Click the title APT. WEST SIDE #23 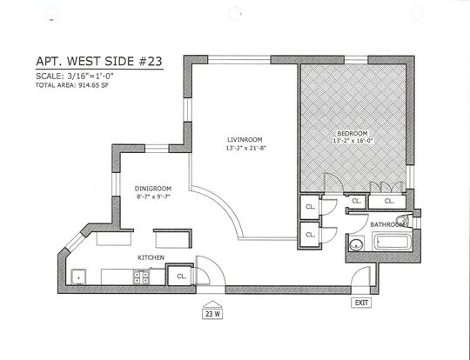pyautogui.click(x=99, y=62)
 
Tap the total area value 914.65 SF pyautogui.click(x=93, y=85)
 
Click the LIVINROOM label pyautogui.click(x=245, y=140)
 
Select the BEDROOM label pyautogui.click(x=352, y=133)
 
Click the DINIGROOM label pyautogui.click(x=153, y=189)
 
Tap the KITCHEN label pyautogui.click(x=151, y=257)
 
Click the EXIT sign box pyautogui.click(x=361, y=303)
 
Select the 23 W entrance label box pyautogui.click(x=212, y=314)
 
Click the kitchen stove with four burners pyautogui.click(x=141, y=277)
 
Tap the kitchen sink pyautogui.click(x=78, y=277)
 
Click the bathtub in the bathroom pyautogui.click(x=393, y=243)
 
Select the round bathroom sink pyautogui.click(x=356, y=244)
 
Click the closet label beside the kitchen pyautogui.click(x=181, y=277)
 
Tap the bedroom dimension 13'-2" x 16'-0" pyautogui.click(x=353, y=141)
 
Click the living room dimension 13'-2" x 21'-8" pyautogui.click(x=246, y=148)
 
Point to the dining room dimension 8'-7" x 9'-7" pyautogui.click(x=153, y=197)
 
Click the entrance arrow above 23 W pyautogui.click(x=212, y=304)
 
